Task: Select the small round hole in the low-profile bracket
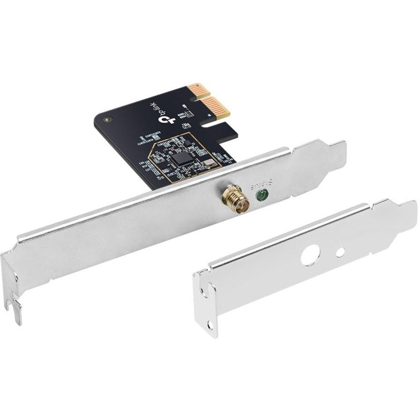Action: [340, 251]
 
